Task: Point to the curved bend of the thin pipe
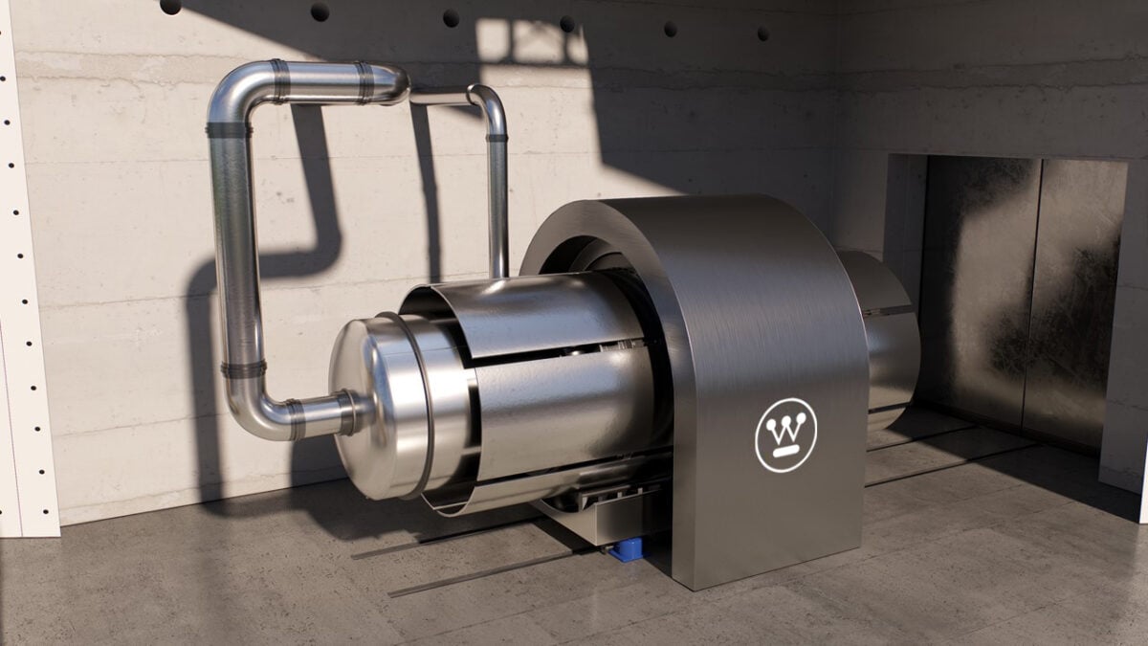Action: tap(488, 102)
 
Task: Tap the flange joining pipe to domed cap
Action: tap(352, 412)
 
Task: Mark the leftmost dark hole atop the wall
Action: tap(170, 6)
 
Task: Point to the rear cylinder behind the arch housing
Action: tap(885, 335)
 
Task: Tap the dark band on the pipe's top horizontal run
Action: tap(279, 80)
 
